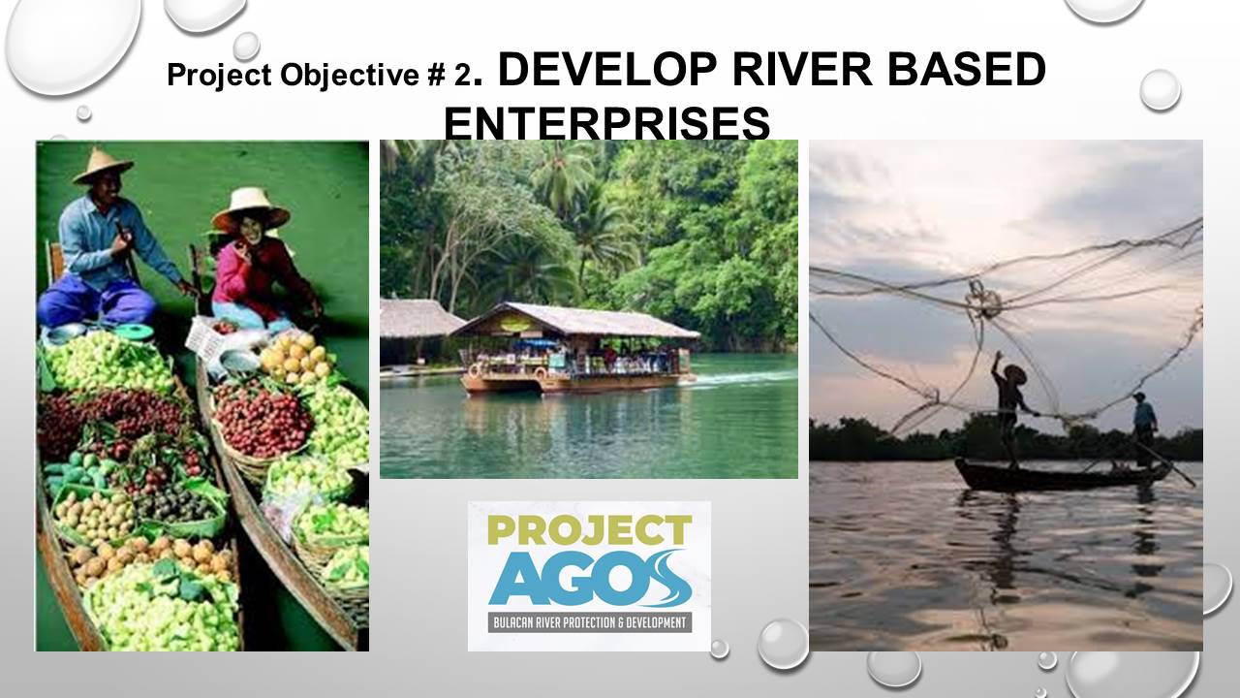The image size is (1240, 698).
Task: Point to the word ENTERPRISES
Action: click(x=606, y=123)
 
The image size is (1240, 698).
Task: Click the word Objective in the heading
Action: click(x=350, y=76)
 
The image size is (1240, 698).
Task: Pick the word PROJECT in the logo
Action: click(x=590, y=530)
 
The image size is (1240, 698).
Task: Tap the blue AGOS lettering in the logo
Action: click(x=590, y=579)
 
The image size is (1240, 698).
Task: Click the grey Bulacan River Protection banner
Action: click(x=590, y=622)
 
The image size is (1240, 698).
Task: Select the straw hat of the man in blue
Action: click(x=103, y=166)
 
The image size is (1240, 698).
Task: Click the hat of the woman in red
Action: click(x=250, y=208)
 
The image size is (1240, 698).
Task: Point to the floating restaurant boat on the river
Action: click(x=573, y=348)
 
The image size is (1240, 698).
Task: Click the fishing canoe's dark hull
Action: click(x=1061, y=476)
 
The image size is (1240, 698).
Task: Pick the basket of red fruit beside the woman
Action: click(x=263, y=422)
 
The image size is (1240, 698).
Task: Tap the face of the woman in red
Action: click(x=253, y=228)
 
